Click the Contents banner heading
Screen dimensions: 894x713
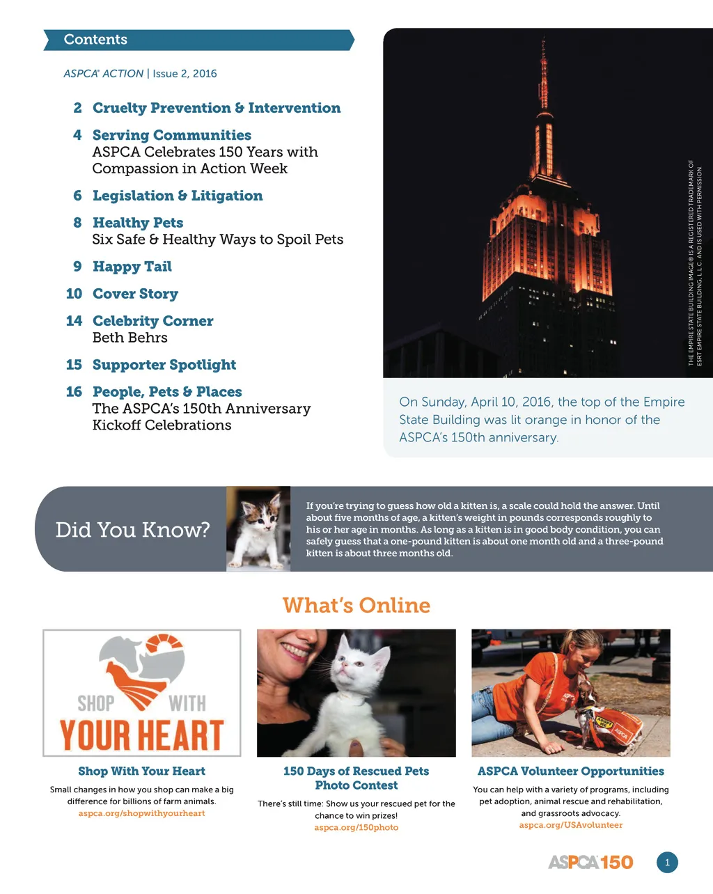(x=95, y=40)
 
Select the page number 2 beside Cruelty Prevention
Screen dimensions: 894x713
(x=77, y=108)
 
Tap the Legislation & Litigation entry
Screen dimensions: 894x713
(x=178, y=196)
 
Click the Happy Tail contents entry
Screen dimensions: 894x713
(x=132, y=267)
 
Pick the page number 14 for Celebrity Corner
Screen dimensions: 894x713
(x=74, y=321)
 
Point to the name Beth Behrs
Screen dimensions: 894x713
(x=130, y=338)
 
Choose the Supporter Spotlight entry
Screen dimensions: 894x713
(x=164, y=365)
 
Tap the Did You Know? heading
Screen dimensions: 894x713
(x=132, y=530)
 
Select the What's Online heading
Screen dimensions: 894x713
(x=356, y=605)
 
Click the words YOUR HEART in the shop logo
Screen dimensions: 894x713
(x=141, y=735)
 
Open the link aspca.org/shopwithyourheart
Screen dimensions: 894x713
(x=141, y=813)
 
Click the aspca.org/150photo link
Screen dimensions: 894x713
(x=356, y=827)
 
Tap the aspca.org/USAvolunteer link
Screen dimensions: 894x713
(x=570, y=825)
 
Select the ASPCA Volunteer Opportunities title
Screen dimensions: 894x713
(x=570, y=771)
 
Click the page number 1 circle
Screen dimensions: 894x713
(x=666, y=863)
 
